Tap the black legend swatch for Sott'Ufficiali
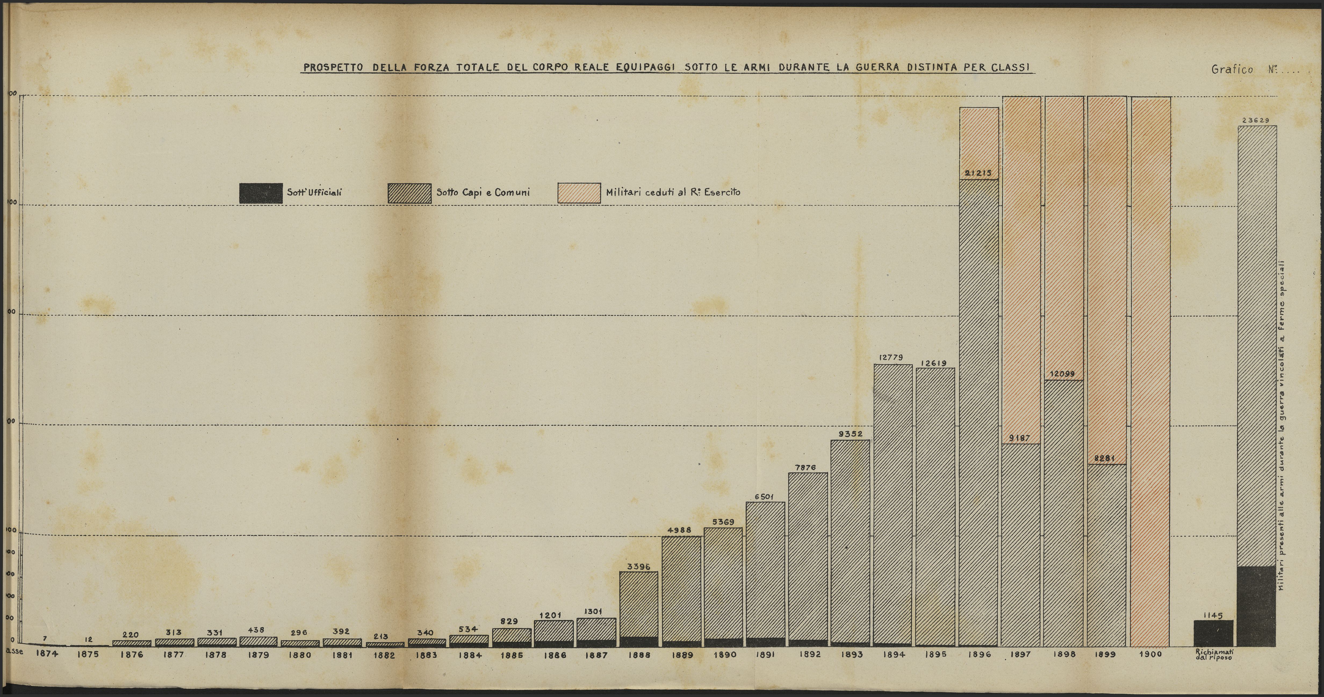(261, 193)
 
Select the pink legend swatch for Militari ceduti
(579, 193)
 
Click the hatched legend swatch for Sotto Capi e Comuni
(410, 193)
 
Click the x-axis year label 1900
(1150, 654)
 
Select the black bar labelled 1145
(1213, 633)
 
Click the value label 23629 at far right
(1255, 120)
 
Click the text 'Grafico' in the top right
(1232, 69)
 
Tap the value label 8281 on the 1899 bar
(1106, 458)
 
